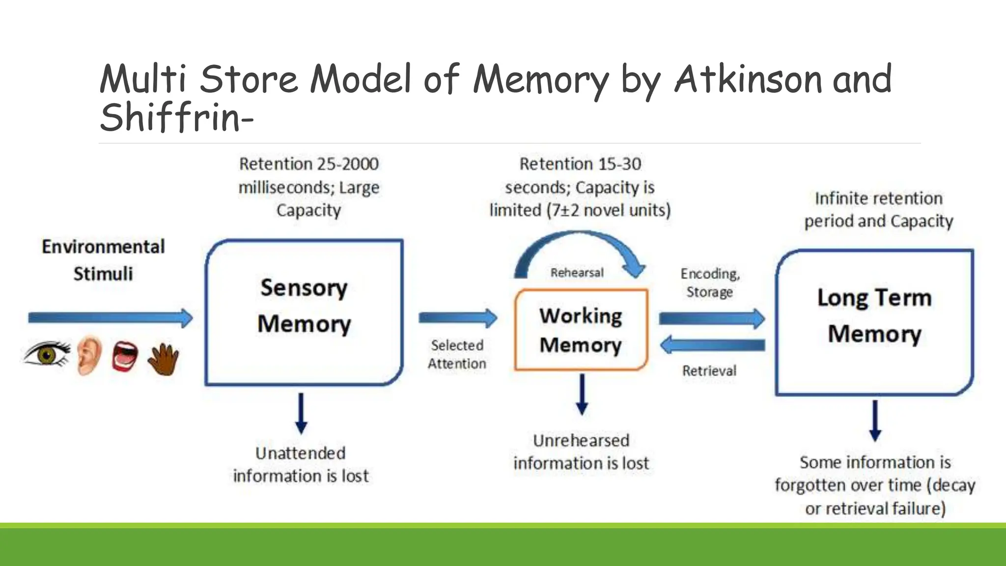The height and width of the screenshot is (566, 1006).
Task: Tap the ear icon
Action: [x=89, y=355]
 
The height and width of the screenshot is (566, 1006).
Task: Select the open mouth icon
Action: [x=125, y=356]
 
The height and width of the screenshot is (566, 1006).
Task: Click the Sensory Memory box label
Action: [x=304, y=306]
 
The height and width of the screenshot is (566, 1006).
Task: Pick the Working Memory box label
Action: [x=581, y=330]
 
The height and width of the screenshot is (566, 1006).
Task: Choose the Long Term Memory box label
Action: [x=874, y=315]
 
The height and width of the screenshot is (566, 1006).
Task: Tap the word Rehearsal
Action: [x=577, y=273]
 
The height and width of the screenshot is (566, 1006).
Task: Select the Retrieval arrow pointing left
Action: [x=712, y=345]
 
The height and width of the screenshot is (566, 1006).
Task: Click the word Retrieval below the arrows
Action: [x=709, y=370]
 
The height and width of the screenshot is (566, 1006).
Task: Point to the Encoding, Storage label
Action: [x=710, y=283]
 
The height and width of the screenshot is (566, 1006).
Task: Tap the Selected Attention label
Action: [x=457, y=354]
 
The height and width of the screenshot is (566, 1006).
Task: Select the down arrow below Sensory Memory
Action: [x=301, y=413]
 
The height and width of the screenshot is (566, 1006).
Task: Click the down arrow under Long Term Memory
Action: [x=875, y=421]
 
